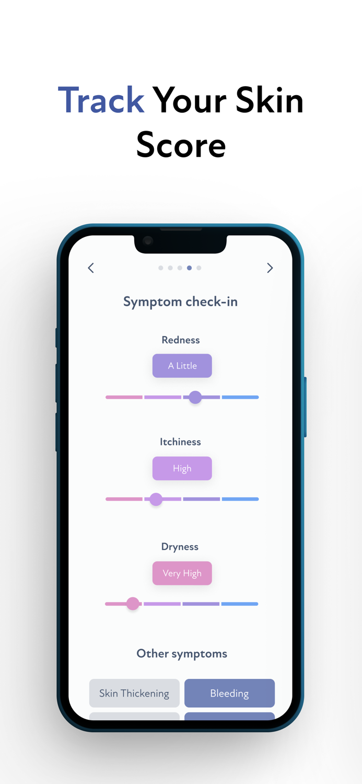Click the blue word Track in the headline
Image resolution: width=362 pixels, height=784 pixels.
coord(101,100)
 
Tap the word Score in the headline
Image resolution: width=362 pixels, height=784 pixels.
coord(181,145)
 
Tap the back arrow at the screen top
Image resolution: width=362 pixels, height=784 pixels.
coord(91,268)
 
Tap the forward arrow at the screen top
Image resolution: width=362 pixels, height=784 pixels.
coord(270,268)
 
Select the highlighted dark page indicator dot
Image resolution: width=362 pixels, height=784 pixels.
coord(189,268)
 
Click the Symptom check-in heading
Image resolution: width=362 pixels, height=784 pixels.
coord(180,302)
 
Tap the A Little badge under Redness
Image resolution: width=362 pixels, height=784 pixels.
coord(182,366)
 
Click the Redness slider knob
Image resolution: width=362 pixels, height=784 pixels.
coord(195,397)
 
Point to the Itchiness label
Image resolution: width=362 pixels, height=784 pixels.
coord(180,442)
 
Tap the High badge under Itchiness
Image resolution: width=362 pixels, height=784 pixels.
coord(182,468)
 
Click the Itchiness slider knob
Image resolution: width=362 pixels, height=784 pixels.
coord(156,499)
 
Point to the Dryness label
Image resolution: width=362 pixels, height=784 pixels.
coord(180,547)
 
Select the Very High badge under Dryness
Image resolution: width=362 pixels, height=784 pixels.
coord(182,573)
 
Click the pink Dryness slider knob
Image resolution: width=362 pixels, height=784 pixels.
coord(133,604)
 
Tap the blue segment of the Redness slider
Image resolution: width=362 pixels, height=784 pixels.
coord(240,397)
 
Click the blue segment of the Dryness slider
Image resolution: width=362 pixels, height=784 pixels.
coord(240,604)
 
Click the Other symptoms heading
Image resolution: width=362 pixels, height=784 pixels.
coord(182,653)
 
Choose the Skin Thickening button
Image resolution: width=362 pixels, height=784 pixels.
coord(134,693)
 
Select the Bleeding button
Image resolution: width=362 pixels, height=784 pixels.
coord(229,693)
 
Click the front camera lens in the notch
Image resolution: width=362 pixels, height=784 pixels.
coord(148,240)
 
